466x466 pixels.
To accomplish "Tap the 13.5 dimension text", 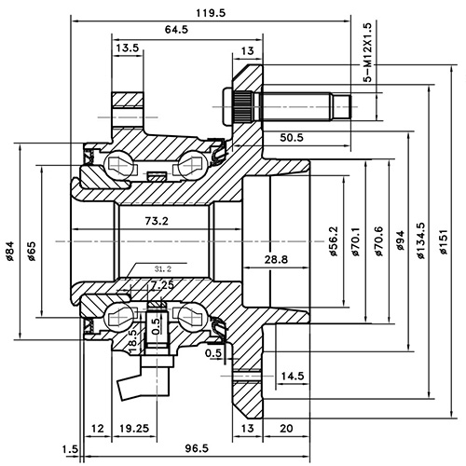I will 128,48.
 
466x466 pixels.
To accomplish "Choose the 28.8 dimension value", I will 277,258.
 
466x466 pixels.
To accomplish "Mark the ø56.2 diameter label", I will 333,240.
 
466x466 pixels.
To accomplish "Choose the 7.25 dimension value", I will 160,283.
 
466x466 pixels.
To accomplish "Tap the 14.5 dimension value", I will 292,376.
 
